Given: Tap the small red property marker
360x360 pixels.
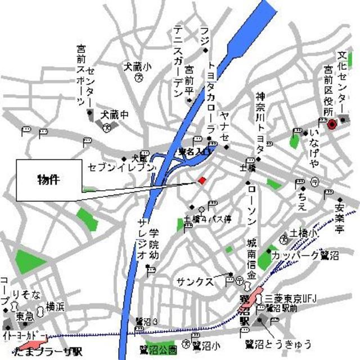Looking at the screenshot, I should coord(202,180).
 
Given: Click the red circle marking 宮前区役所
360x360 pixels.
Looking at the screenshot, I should coord(331,124).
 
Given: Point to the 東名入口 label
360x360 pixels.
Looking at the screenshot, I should coord(194,152).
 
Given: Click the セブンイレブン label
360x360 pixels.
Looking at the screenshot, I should coord(121,167).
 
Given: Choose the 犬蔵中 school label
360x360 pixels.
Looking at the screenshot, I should coord(115,114).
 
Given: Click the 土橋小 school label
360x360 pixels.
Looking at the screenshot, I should coord(304,232).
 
